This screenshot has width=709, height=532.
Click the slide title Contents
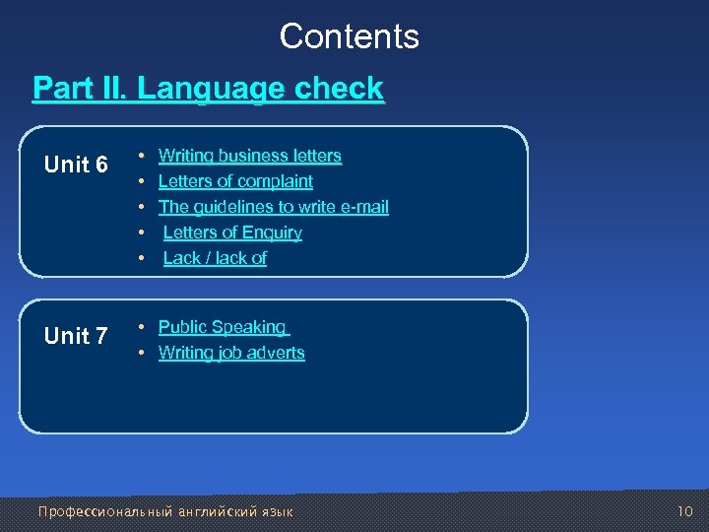[349, 36]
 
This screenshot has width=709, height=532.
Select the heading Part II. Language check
[208, 89]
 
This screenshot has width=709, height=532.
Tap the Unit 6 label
[76, 165]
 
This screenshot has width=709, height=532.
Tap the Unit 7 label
[76, 336]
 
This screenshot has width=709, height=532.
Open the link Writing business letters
[249, 156]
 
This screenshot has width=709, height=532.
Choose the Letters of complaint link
[235, 181]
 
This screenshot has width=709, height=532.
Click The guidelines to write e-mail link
[273, 207]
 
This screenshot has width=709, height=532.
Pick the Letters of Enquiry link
[232, 233]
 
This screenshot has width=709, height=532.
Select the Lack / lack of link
[215, 258]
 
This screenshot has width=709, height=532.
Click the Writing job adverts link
[231, 353]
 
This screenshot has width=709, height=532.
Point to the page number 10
[685, 511]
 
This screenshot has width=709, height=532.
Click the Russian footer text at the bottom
[164, 511]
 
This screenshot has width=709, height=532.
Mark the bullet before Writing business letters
[142, 156]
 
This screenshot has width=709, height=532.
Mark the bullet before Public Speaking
[142, 327]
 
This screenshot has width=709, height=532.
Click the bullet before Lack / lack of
[142, 258]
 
